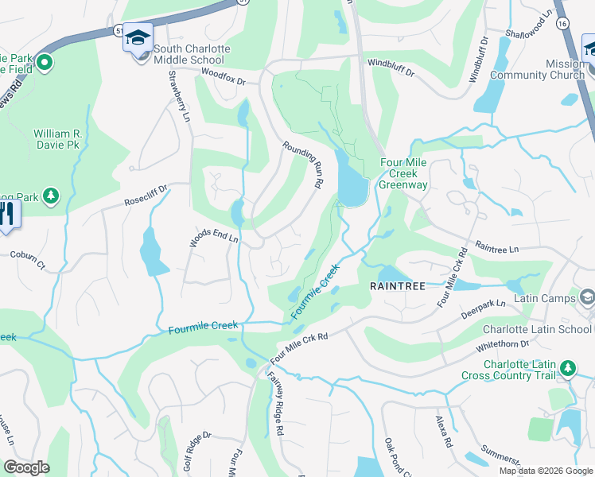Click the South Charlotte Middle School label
(192, 54)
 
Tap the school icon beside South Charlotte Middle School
(138, 39)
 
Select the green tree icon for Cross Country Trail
(567, 368)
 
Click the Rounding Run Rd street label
(303, 163)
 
